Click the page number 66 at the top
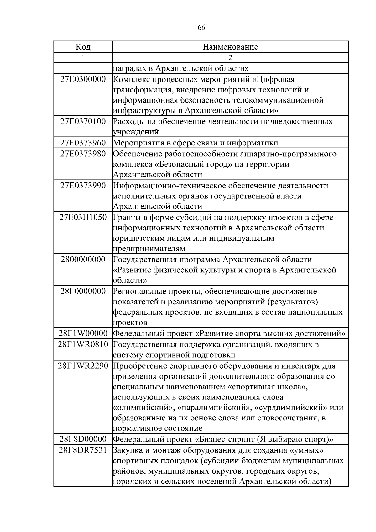201,28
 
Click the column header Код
83,47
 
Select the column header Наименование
230,47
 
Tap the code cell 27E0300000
83,79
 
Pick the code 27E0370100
83,121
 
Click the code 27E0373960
83,143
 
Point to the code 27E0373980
83,154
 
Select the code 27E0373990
83,186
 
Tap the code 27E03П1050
83,217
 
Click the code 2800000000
83,260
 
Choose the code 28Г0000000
83,291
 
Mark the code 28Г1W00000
83,334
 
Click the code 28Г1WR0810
83,345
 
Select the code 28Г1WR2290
83,366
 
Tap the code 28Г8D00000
83,440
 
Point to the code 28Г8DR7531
83,450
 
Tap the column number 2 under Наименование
230,58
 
